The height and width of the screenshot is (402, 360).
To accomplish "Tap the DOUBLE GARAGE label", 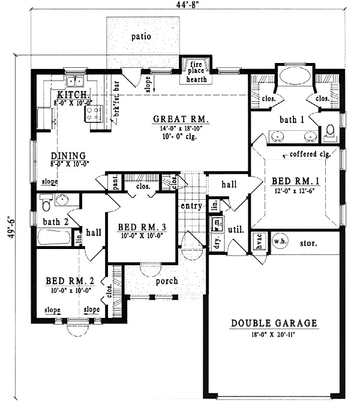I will [274, 324].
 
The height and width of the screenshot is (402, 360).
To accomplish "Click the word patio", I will [141, 37].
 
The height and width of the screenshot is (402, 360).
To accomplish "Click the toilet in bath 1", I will [329, 133].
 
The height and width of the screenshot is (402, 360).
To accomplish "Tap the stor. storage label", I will [308, 243].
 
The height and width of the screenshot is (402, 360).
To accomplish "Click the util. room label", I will [235, 229].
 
